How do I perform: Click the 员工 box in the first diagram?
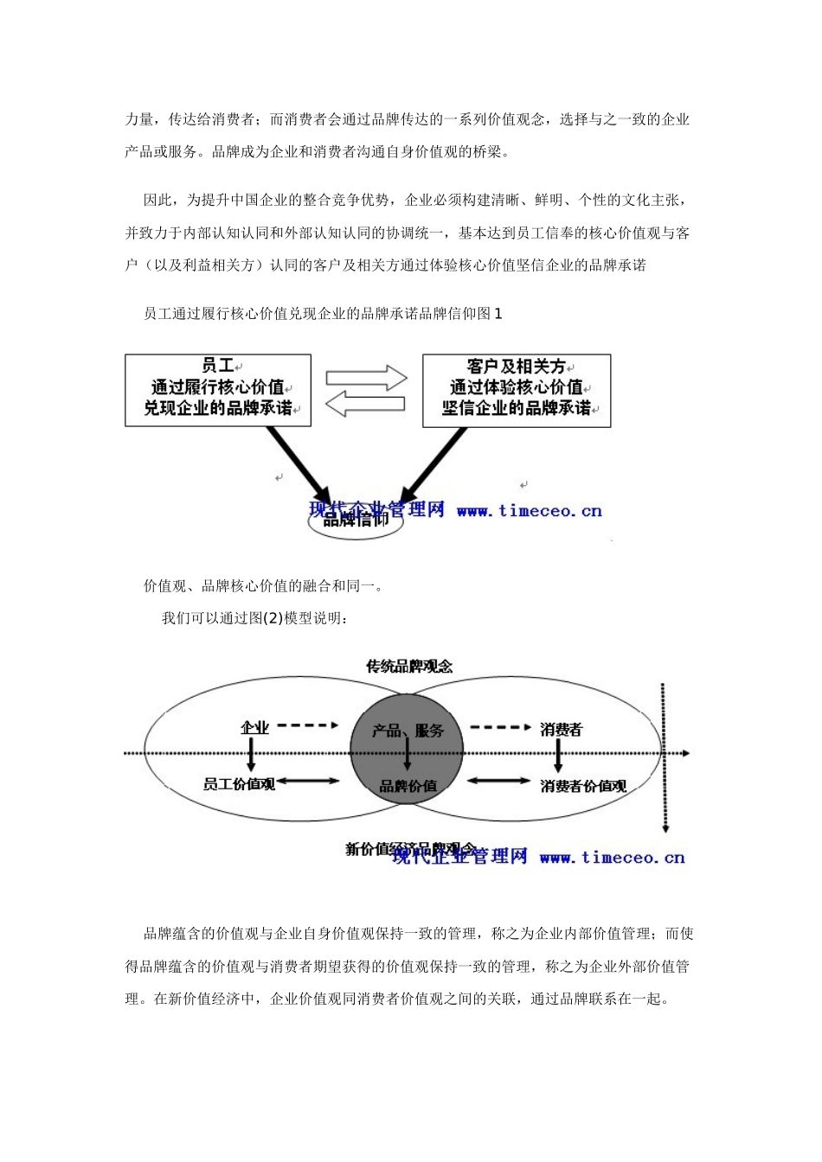(x=217, y=389)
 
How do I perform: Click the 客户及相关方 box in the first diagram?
(x=517, y=390)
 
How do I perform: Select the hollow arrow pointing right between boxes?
(x=366, y=377)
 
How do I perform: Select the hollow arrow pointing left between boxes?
(x=366, y=403)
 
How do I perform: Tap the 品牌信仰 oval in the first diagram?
(x=356, y=520)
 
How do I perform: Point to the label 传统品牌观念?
(x=409, y=666)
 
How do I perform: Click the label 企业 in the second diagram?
(x=254, y=728)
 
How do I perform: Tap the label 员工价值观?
(x=239, y=784)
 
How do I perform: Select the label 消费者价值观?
(x=583, y=786)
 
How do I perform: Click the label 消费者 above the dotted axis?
(x=561, y=730)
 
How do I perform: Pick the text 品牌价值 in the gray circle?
(x=408, y=786)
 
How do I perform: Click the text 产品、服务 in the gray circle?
(x=408, y=731)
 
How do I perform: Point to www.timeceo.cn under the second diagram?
(x=612, y=858)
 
